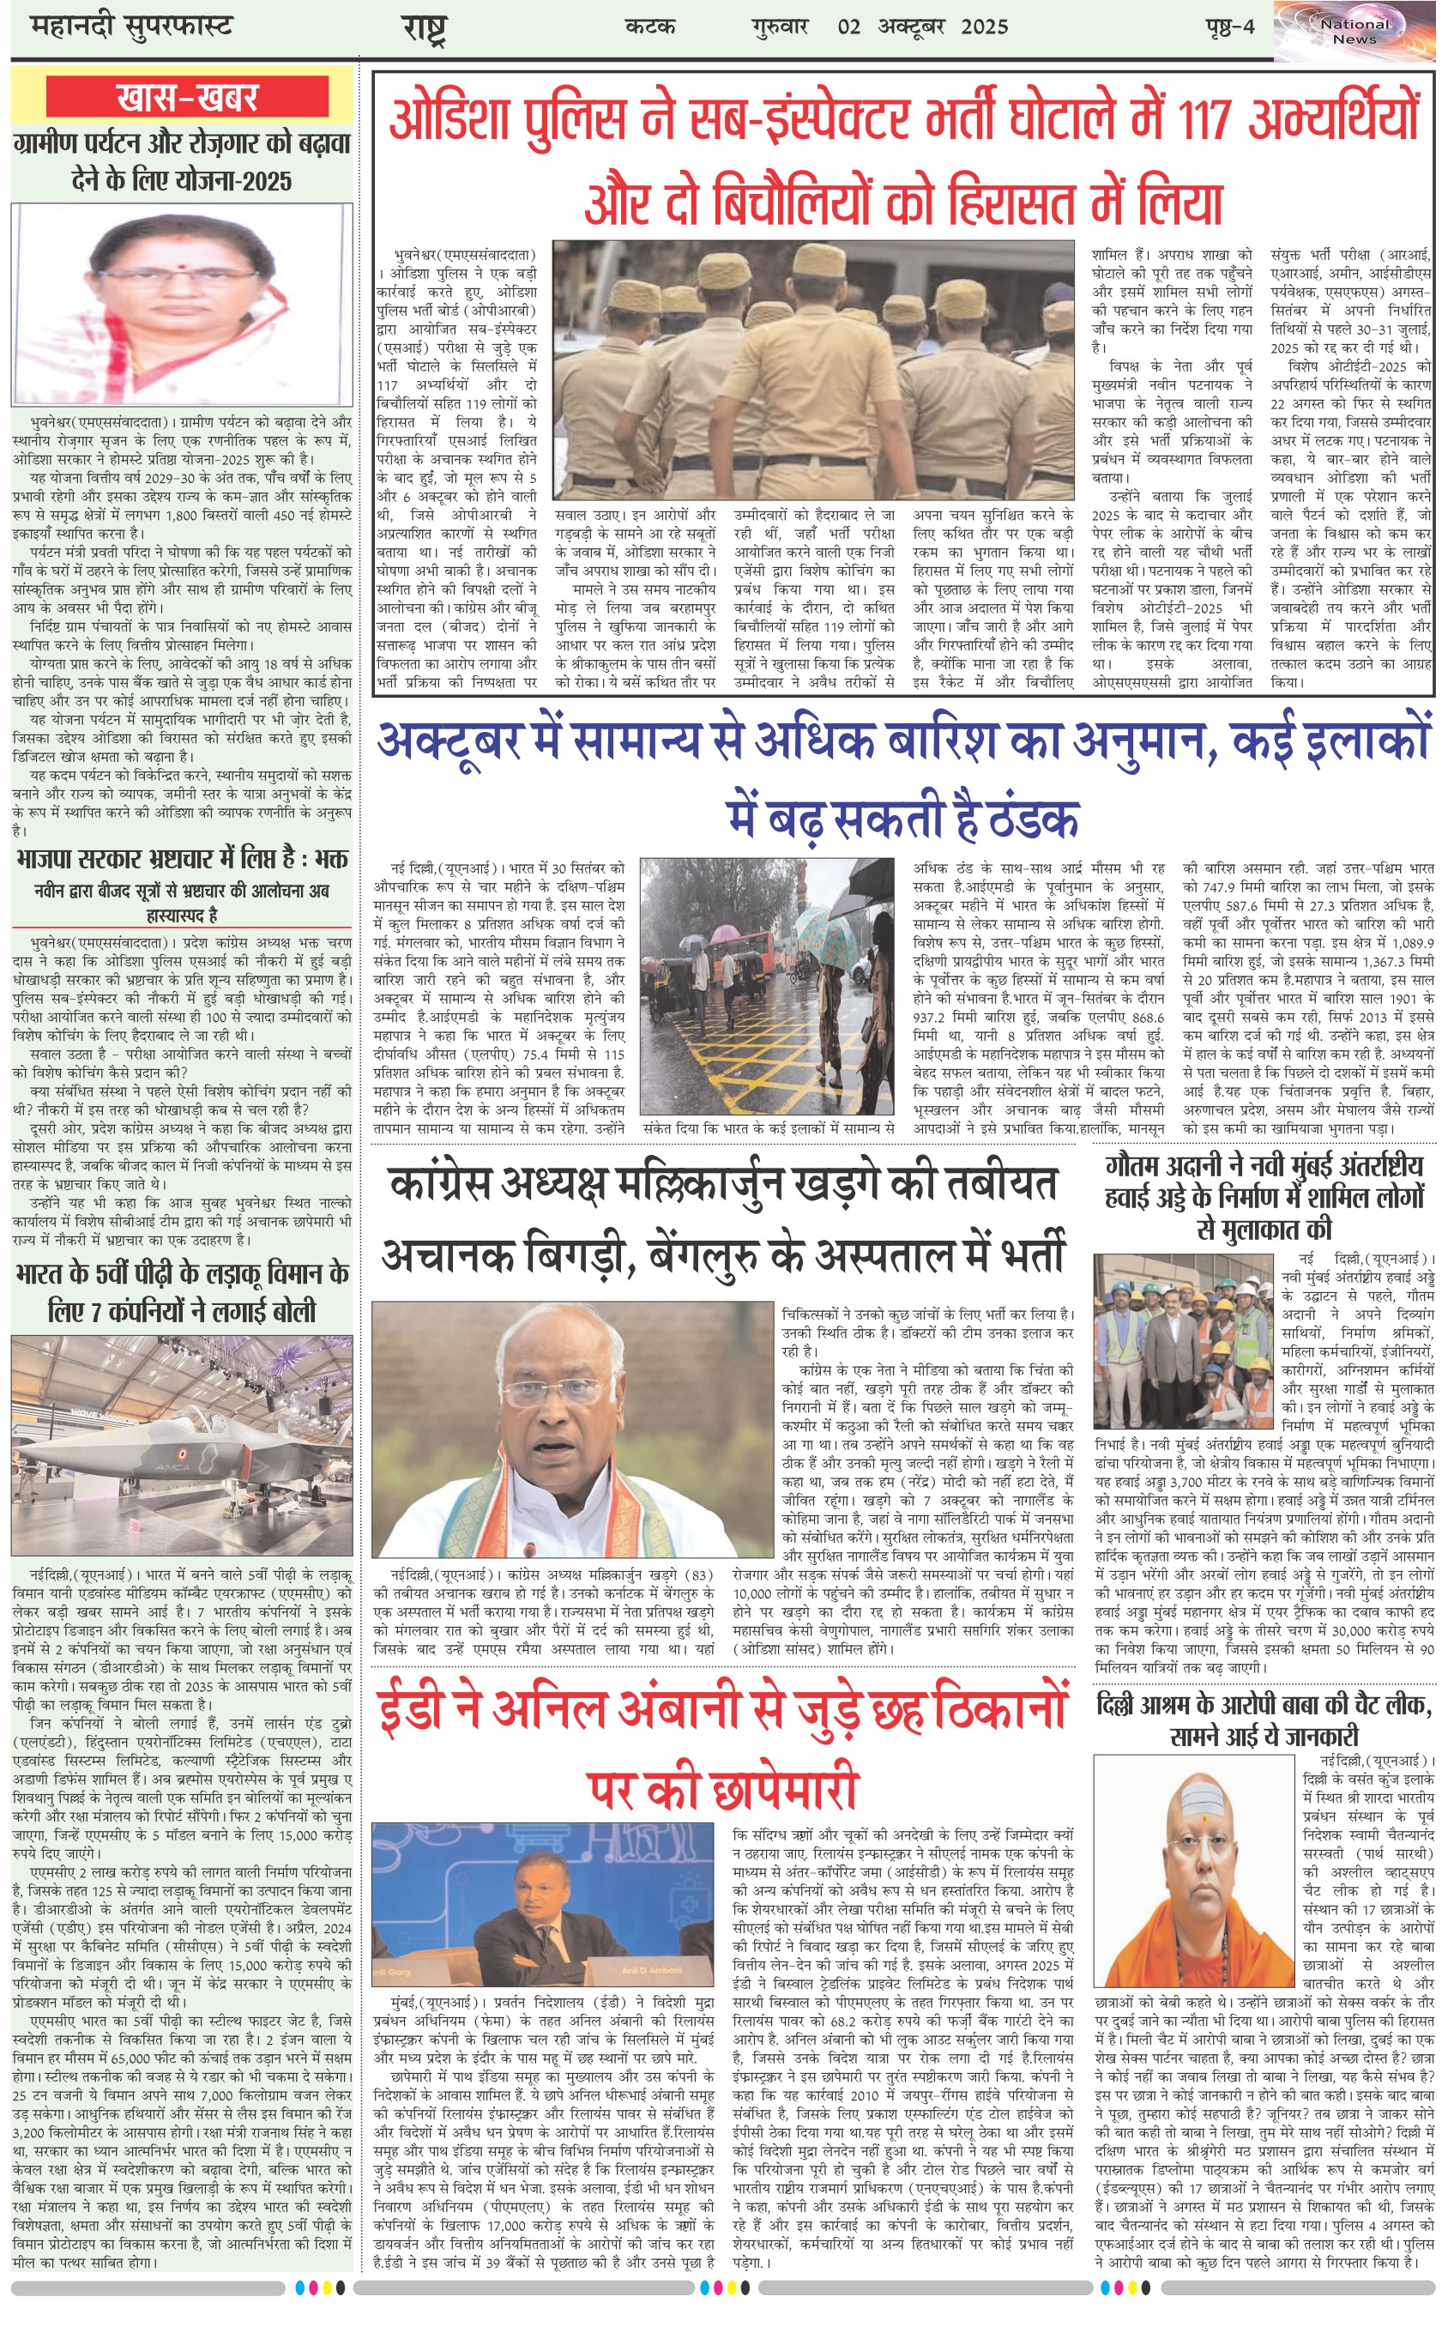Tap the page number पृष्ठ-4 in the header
click(x=1228, y=27)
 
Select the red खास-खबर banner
click(x=187, y=97)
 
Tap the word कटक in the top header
click(x=650, y=27)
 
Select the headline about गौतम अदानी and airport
click(x=1264, y=1196)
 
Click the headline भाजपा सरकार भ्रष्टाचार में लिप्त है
click(x=182, y=858)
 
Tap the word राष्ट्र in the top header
click(x=423, y=28)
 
